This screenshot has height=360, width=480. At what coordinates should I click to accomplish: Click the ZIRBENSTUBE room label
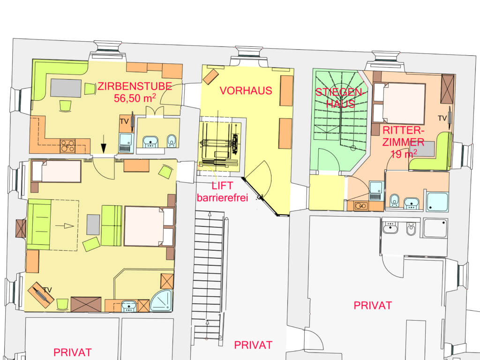pyautogui.click(x=135, y=86)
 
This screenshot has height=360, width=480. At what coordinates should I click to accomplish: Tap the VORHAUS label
pyautogui.click(x=246, y=90)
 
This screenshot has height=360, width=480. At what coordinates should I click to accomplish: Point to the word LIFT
pyautogui.click(x=222, y=186)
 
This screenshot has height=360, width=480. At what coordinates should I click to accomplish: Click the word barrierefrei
pyautogui.click(x=222, y=197)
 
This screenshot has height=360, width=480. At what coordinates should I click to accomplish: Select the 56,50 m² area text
pyautogui.click(x=135, y=98)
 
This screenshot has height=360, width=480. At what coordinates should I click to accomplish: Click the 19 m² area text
pyautogui.click(x=404, y=154)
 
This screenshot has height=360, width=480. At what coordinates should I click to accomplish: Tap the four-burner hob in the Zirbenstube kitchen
pyautogui.click(x=67, y=146)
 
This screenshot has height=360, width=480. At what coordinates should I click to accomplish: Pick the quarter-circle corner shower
pyautogui.click(x=162, y=300)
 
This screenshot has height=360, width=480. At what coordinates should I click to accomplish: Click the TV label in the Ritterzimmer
pyautogui.click(x=442, y=118)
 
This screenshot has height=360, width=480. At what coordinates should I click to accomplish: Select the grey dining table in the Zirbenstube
pyautogui.click(x=66, y=88)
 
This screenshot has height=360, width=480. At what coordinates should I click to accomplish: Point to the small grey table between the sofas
pyautogui.click(x=93, y=225)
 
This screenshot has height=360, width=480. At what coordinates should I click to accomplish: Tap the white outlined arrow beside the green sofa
pyautogui.click(x=65, y=226)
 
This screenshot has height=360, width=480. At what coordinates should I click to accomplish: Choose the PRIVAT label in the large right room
pyautogui.click(x=373, y=305)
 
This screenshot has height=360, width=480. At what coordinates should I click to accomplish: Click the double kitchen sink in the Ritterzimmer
pyautogui.click(x=361, y=206)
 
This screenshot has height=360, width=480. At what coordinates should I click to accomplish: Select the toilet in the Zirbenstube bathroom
pyautogui.click(x=172, y=141)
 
